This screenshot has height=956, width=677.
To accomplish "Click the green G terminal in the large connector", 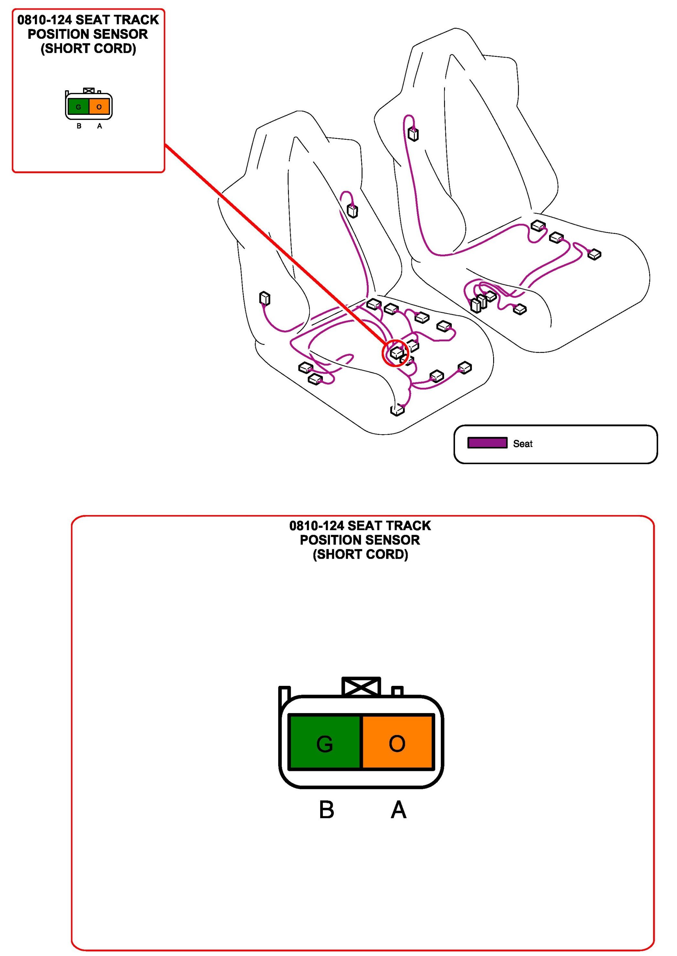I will (324, 743).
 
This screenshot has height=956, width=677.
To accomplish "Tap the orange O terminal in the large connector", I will (397, 743).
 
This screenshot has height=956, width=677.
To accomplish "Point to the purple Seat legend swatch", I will (487, 443).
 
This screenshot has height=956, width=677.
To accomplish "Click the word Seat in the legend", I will (523, 444).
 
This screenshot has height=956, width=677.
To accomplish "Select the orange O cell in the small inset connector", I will (99, 107).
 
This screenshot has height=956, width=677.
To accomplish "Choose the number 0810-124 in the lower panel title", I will (316, 525).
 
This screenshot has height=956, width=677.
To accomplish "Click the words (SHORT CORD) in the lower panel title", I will (361, 554).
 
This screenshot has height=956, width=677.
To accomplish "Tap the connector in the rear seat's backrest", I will (413, 134).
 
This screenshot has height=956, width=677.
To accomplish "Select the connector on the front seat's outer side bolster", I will (265, 298).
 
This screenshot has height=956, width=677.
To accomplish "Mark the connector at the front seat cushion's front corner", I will (397, 410).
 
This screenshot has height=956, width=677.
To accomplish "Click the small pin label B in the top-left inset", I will (79, 126).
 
